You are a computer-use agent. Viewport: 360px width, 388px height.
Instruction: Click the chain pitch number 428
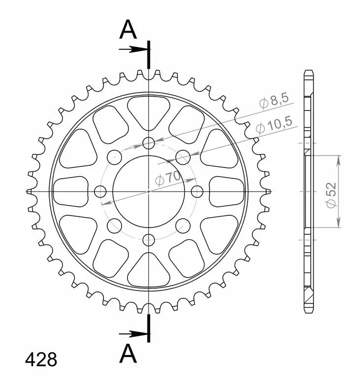(x=41, y=359)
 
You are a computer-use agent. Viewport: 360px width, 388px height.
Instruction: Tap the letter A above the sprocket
(x=128, y=30)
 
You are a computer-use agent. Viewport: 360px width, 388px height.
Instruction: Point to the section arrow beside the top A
(x=133, y=49)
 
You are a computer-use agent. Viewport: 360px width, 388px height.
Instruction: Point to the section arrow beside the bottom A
(x=133, y=334)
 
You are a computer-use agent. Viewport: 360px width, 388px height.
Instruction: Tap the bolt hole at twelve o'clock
(x=149, y=143)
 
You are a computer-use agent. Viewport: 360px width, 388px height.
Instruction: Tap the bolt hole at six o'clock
(x=149, y=240)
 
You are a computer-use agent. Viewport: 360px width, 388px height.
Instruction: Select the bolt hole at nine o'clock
(x=100, y=191)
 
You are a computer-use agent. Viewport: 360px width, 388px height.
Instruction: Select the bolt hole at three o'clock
(x=197, y=191)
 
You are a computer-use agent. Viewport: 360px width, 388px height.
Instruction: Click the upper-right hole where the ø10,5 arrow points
(x=183, y=157)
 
